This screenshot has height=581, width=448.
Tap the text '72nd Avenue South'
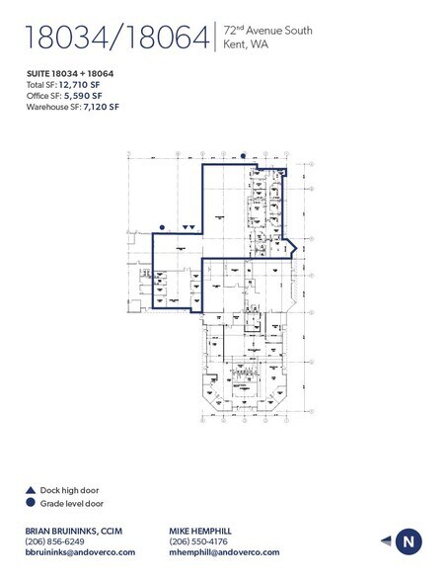(x=268, y=31)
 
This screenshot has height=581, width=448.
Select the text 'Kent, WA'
(x=247, y=45)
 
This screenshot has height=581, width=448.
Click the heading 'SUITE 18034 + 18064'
(x=69, y=74)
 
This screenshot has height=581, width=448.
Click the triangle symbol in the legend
(x=32, y=490)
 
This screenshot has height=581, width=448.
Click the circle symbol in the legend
(x=32, y=502)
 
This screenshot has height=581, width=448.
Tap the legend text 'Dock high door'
(x=71, y=490)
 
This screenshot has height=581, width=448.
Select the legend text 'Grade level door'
(x=74, y=502)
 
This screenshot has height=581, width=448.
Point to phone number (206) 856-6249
(x=55, y=541)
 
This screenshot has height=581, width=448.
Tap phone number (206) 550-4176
(x=200, y=541)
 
